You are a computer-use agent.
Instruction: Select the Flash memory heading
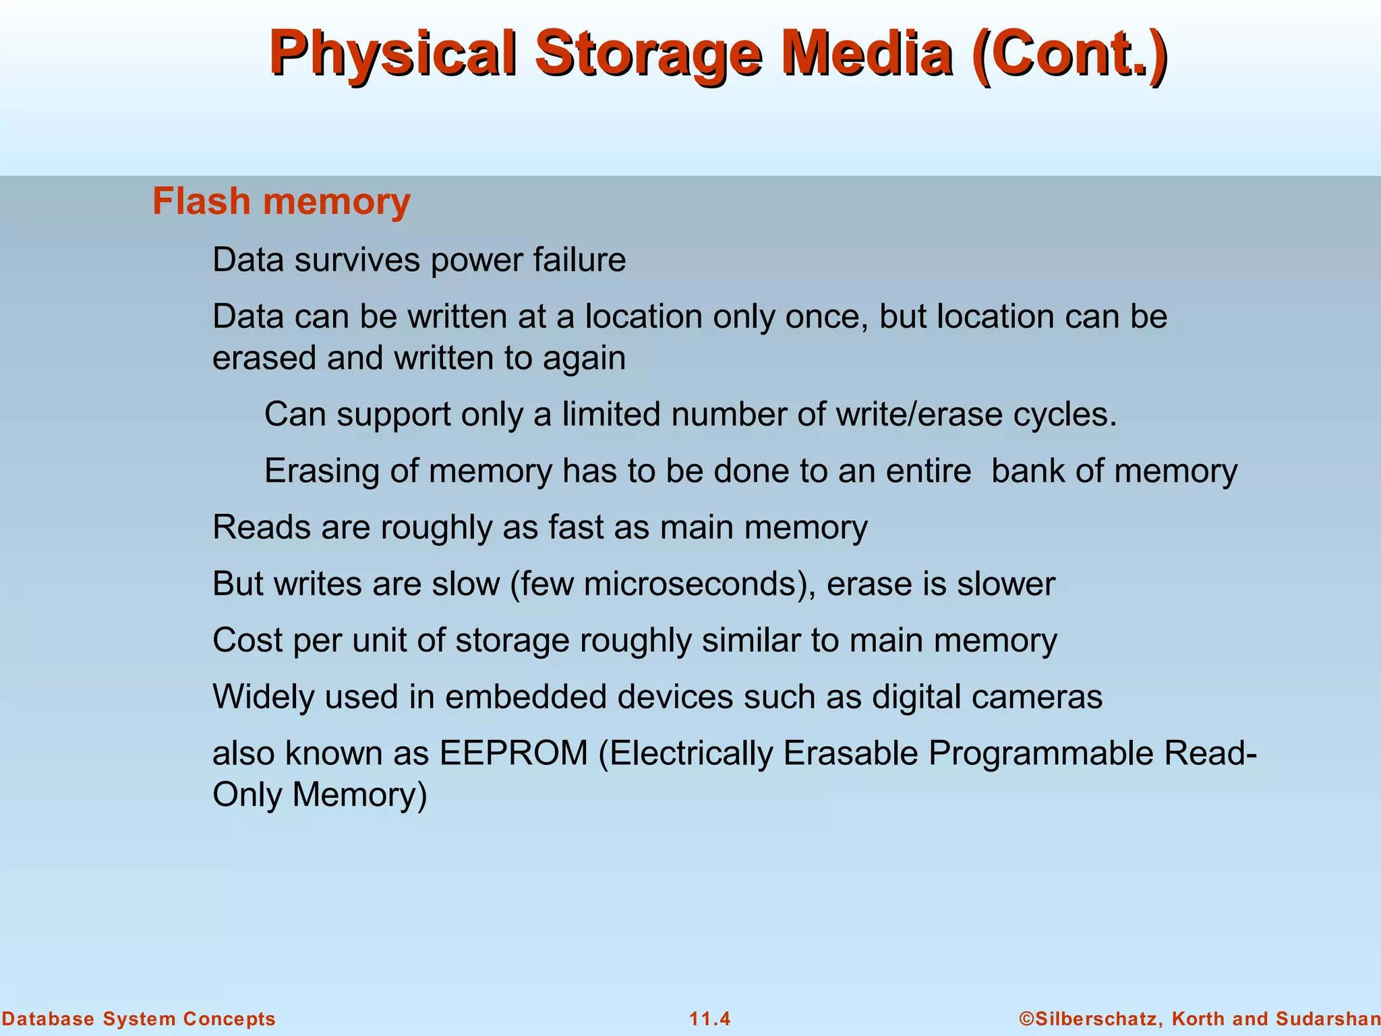[x=281, y=202]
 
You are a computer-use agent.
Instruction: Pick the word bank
[x=1028, y=471]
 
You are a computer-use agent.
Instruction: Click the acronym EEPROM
[x=514, y=753]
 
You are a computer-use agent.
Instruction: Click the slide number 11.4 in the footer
[x=709, y=1018]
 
